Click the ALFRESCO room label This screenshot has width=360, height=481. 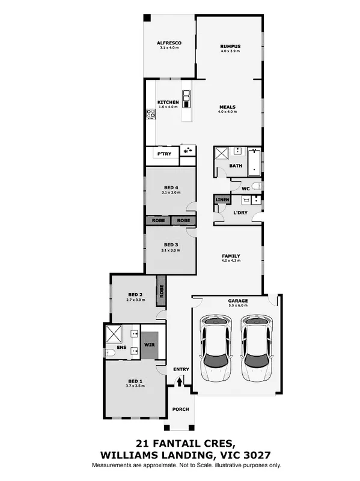point(169,43)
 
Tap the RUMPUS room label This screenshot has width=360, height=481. point(230,46)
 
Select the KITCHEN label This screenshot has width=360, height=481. point(168,102)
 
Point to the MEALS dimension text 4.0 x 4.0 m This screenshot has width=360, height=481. point(227,112)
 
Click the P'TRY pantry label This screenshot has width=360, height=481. point(162,154)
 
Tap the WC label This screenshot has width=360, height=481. point(245,189)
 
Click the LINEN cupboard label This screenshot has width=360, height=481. point(222,199)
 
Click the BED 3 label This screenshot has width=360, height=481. point(171,244)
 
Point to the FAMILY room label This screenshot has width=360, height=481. point(230,255)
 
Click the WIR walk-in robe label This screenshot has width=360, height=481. point(149,346)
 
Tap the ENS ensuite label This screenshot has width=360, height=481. point(121,347)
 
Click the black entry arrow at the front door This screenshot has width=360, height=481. point(179,381)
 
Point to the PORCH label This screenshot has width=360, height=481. point(180,410)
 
